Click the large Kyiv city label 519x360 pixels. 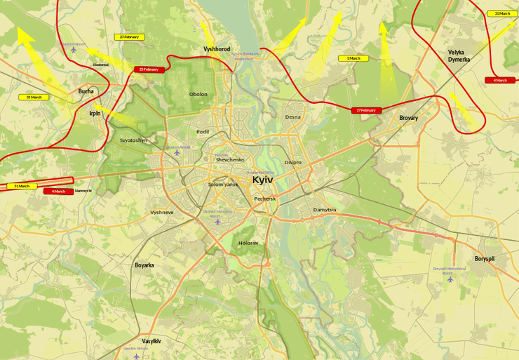pyautogui.click(x=262, y=180)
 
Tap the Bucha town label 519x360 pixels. pyautogui.click(x=86, y=91)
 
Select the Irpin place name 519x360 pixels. pyautogui.click(x=95, y=112)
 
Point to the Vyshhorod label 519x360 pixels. pyautogui.click(x=217, y=49)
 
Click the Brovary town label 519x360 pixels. pyautogui.click(x=408, y=118)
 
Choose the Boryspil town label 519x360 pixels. pyautogui.click(x=484, y=258)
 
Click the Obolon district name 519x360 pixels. pyautogui.click(x=198, y=94)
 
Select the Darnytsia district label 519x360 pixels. pyautogui.click(x=325, y=210)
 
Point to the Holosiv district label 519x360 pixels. pyautogui.click(x=248, y=243)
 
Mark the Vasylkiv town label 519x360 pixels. pyautogui.click(x=151, y=341)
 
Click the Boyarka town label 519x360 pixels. pyautogui.click(x=144, y=265)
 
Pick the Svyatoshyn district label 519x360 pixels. pyautogui.click(x=133, y=140)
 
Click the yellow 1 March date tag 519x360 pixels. pyautogui.click(x=353, y=58)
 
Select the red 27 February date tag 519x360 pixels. pyautogui.click(x=366, y=110)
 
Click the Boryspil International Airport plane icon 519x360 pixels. pyautogui.click(x=450, y=279)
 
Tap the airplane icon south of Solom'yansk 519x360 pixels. pyautogui.click(x=217, y=222)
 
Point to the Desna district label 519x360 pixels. pyautogui.click(x=292, y=117)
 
